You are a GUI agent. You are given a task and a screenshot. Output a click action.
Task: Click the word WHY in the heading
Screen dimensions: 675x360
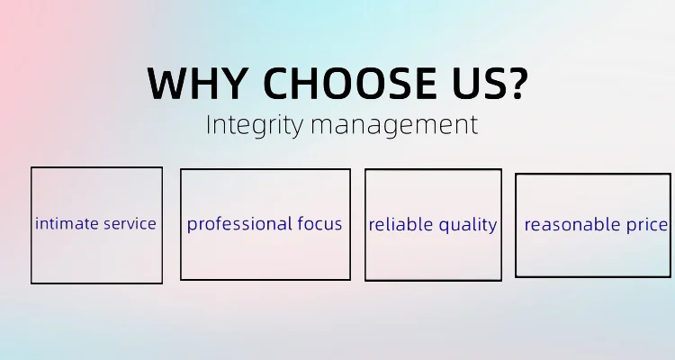point(197,83)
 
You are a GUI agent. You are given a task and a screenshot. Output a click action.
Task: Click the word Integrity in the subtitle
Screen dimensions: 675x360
point(254,125)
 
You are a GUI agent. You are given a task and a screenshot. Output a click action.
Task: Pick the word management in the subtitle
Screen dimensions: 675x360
point(394,126)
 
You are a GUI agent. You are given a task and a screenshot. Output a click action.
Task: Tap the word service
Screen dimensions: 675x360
point(130,224)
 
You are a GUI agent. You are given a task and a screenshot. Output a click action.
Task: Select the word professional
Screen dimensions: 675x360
point(234,224)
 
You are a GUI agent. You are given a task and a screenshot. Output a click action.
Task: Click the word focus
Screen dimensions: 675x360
point(319,223)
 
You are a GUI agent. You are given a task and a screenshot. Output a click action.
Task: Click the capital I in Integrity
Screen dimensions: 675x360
point(209,124)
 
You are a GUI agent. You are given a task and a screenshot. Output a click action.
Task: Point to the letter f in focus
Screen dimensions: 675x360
point(301,223)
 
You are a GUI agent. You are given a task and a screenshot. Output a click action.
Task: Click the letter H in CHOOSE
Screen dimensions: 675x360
point(305,84)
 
